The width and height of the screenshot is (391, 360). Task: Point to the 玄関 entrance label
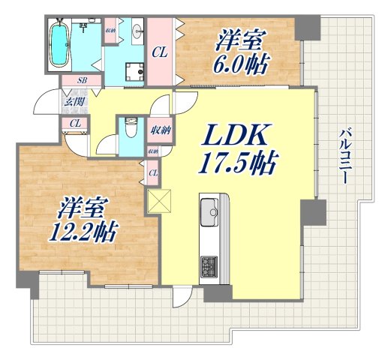tap(74, 101)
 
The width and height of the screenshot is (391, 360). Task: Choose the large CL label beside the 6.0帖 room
tap(159, 52)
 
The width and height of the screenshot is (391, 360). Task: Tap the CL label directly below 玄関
tap(75, 123)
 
